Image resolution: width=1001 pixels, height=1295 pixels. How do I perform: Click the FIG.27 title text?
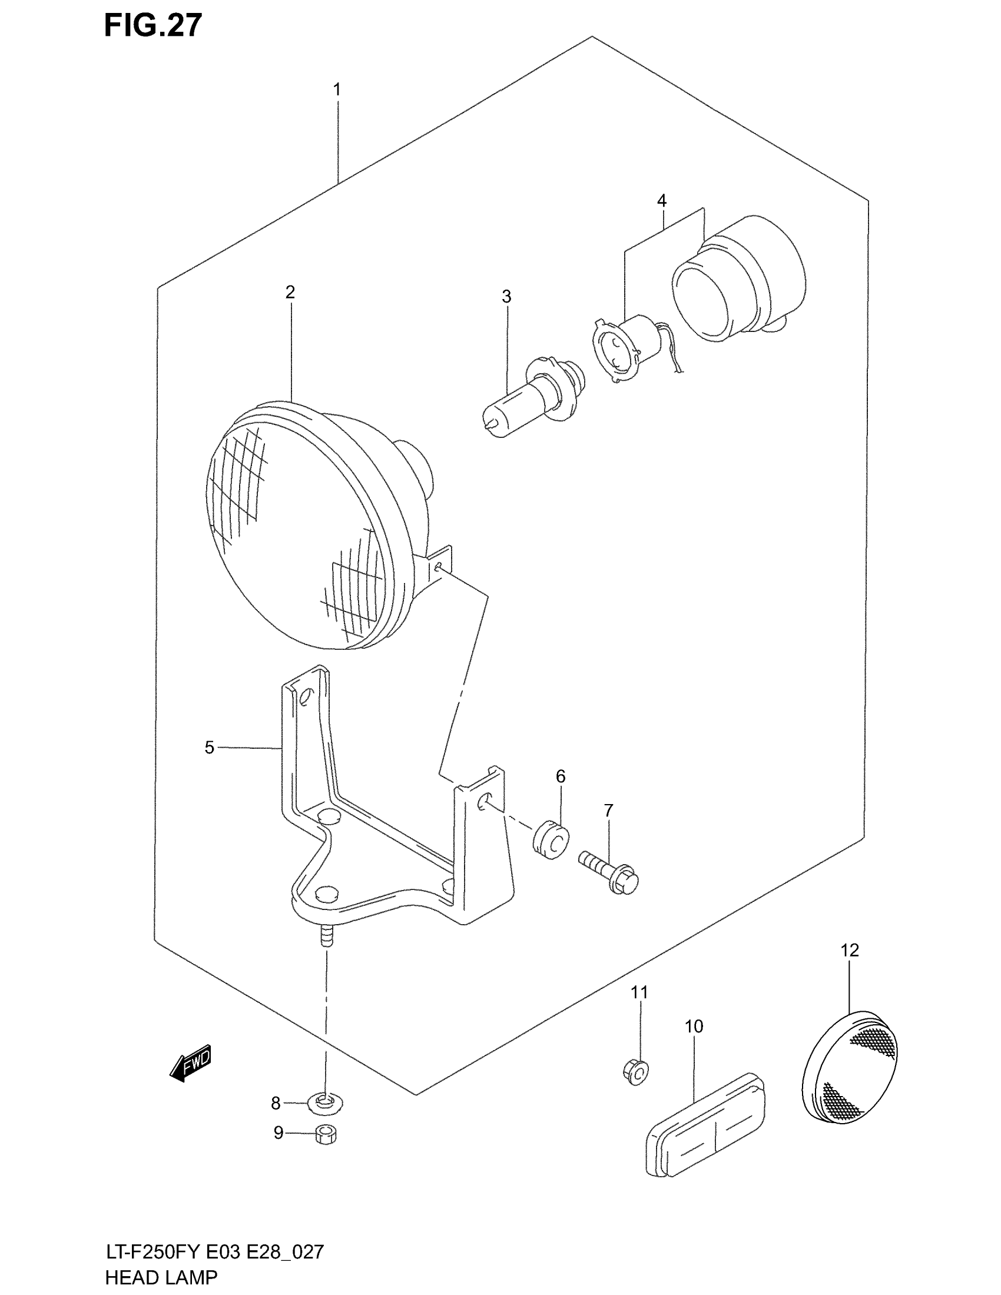tap(153, 26)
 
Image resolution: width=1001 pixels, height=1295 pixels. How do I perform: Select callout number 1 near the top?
tap(337, 90)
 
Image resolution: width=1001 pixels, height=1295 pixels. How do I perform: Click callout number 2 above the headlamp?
tap(290, 293)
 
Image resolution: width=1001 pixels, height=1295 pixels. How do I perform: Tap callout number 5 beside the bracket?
tap(210, 748)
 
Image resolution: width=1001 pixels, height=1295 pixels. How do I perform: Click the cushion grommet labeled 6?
tap(551, 838)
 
